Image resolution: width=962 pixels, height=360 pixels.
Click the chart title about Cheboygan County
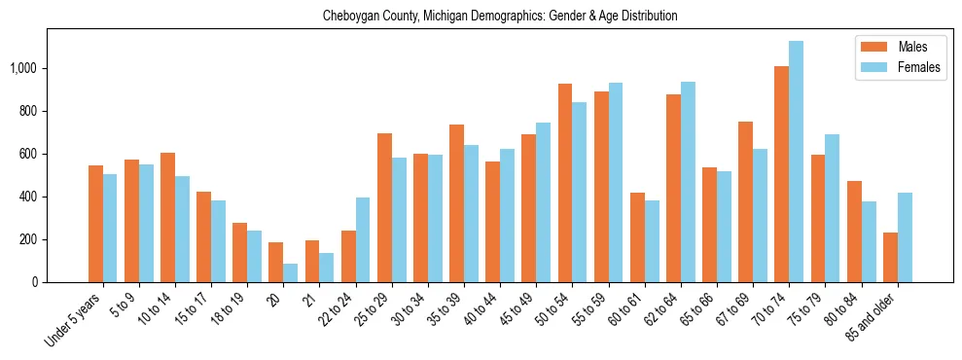(500, 16)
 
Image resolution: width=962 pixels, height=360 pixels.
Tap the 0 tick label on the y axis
(35, 282)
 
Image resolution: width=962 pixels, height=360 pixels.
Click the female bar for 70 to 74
(796, 162)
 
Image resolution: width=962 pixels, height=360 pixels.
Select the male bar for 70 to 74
(781, 174)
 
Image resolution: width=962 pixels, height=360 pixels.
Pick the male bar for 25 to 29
(384, 208)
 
